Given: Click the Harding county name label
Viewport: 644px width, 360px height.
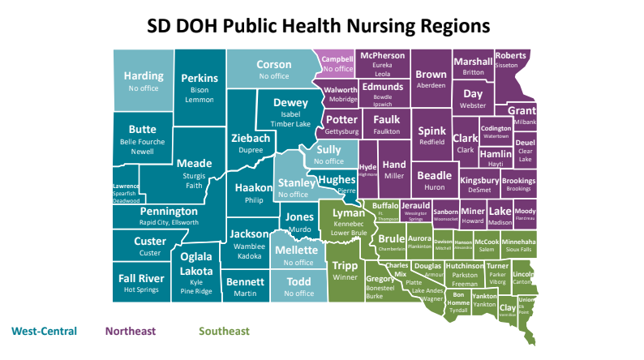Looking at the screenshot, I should [144, 76].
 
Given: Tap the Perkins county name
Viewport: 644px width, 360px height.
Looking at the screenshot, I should [200, 78].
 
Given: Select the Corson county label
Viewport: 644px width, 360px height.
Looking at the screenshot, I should [273, 65].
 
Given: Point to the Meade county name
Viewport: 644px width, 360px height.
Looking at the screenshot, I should [194, 162].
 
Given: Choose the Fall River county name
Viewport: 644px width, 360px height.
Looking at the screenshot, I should [143, 278].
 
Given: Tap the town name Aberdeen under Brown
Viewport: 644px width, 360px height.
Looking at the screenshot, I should [431, 85].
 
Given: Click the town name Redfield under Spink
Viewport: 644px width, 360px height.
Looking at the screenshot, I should [431, 141].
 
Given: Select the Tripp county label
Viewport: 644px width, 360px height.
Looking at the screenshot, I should [346, 265].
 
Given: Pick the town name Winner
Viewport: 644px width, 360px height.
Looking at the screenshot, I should [346, 277].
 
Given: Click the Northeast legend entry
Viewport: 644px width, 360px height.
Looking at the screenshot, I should [130, 331].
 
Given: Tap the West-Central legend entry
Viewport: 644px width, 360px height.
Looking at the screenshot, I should [44, 331].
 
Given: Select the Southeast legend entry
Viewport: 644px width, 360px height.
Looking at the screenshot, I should [224, 331].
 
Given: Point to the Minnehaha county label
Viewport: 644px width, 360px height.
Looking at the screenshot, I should [518, 242].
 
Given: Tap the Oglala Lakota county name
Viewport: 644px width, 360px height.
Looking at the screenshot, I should [196, 264].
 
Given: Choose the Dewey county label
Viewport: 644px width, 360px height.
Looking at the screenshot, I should [290, 103].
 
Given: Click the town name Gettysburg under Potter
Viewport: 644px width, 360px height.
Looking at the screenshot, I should [341, 131].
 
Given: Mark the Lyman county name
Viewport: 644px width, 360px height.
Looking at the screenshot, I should [349, 212].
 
